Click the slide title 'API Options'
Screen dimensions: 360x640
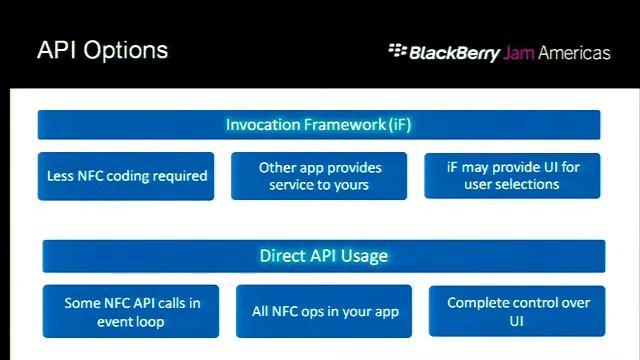pyautogui.click(x=102, y=51)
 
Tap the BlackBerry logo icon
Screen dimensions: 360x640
pyautogui.click(x=397, y=50)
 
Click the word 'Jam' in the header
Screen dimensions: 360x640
pyautogui.click(x=518, y=53)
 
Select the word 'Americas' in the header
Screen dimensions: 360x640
pyautogui.click(x=574, y=53)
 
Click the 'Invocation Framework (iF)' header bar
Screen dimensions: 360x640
pyautogui.click(x=319, y=125)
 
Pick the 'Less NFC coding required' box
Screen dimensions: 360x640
pyautogui.click(x=126, y=176)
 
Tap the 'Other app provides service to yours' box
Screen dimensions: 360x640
pyautogui.click(x=319, y=176)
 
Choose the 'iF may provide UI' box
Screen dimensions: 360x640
pyautogui.click(x=512, y=176)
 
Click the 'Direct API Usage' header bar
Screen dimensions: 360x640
pyautogui.click(x=323, y=256)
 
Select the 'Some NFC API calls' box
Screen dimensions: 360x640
pyautogui.click(x=131, y=312)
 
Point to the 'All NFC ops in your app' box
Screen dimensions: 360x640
pyautogui.click(x=325, y=312)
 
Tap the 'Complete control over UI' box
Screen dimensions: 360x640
pyautogui.click(x=517, y=312)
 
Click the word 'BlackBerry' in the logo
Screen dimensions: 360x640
pyautogui.click(x=454, y=53)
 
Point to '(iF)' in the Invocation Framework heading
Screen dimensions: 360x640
pyautogui.click(x=399, y=125)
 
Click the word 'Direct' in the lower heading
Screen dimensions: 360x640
pyautogui.click(x=281, y=256)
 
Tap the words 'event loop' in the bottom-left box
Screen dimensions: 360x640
pyautogui.click(x=131, y=322)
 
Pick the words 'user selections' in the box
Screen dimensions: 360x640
pyautogui.click(x=512, y=185)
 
